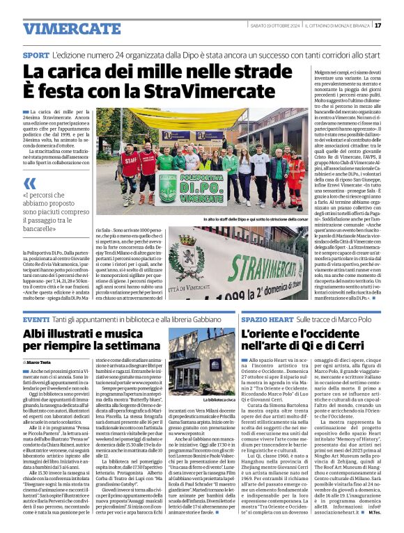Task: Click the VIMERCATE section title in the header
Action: [62, 29]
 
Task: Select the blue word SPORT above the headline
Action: [36, 54]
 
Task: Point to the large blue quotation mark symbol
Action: [29, 184]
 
